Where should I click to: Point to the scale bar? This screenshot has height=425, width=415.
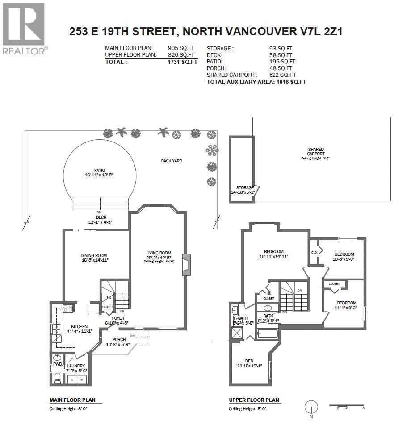(348, 406)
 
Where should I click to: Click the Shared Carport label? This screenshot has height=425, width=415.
(315, 152)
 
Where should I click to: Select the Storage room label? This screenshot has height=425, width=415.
(245, 188)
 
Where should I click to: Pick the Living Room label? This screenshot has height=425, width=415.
(159, 253)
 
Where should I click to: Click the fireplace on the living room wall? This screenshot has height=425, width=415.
(186, 265)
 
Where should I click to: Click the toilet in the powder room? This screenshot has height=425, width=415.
(57, 379)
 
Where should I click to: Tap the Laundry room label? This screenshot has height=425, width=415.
(76, 366)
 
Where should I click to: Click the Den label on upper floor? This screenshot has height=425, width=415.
(249, 361)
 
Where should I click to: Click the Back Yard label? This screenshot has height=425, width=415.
(172, 161)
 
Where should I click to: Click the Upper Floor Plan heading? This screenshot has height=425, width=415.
(254, 400)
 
